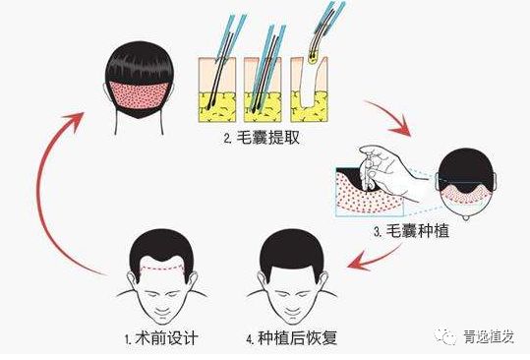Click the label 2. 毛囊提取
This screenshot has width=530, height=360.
(x=262, y=138)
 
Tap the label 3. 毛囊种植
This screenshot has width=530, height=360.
(x=411, y=231)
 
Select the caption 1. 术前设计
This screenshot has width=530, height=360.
(x=161, y=338)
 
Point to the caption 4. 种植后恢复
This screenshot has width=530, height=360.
(x=292, y=338)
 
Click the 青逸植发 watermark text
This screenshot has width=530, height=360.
(x=489, y=336)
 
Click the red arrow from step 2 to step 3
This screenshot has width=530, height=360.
(x=392, y=117)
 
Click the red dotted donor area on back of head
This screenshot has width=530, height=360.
(x=140, y=94)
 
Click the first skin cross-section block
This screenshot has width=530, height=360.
(x=217, y=90)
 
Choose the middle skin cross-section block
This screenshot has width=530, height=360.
(x=263, y=90)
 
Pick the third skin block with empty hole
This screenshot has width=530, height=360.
(x=309, y=90)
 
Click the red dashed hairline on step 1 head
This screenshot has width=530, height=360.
(x=162, y=269)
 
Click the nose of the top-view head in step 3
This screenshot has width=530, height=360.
(x=466, y=217)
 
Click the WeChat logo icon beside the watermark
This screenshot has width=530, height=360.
(x=445, y=335)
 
